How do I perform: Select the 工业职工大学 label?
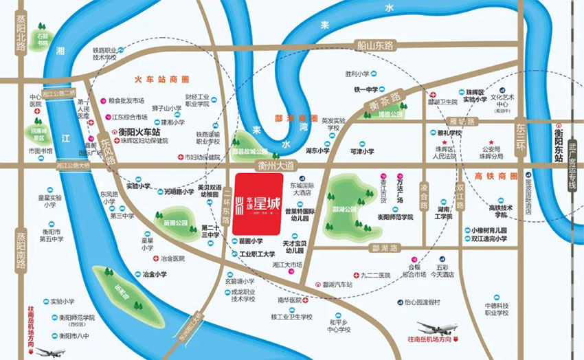pyautogui.click(x=257, y=254)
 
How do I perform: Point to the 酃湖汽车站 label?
pyautogui.click(x=337, y=284)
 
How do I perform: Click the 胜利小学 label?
pyautogui.click(x=357, y=74)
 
